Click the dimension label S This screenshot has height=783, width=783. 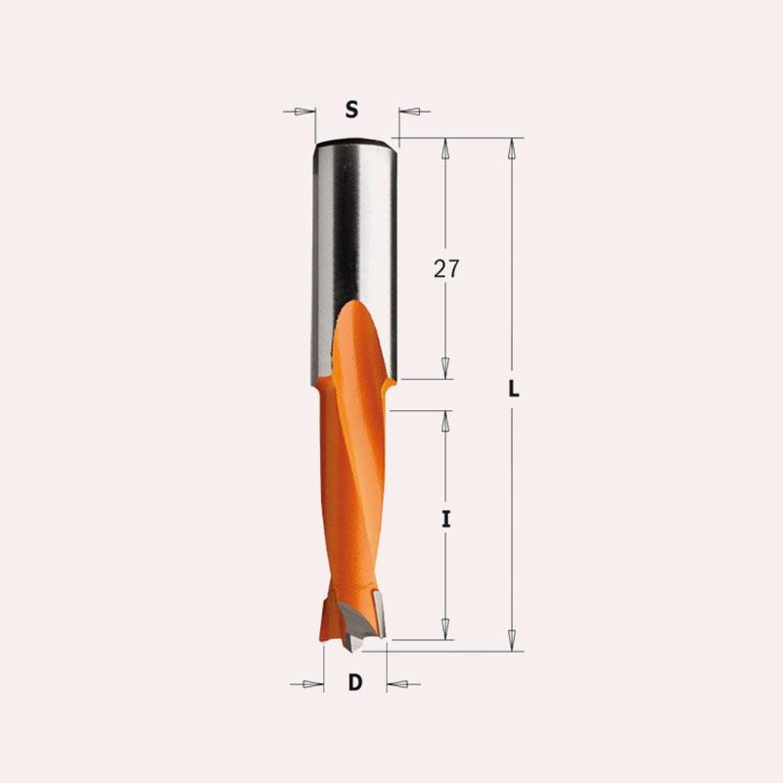(352, 110)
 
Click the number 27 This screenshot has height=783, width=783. (446, 268)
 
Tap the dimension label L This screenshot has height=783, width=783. (513, 389)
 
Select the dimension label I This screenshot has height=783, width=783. (446, 520)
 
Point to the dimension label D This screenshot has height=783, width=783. (355, 682)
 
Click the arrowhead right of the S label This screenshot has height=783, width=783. (409, 112)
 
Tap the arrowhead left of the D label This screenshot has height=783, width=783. (313, 684)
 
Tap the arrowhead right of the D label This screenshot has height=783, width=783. (397, 684)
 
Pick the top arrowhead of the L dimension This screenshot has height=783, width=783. (511, 149)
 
